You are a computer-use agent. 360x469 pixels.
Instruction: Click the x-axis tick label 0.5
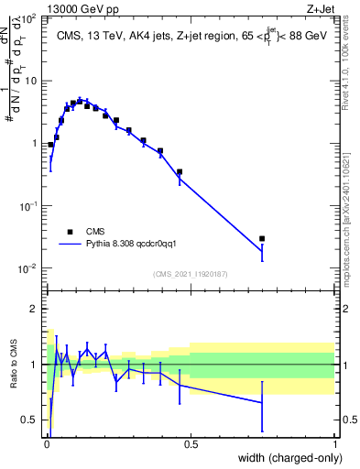[191, 445]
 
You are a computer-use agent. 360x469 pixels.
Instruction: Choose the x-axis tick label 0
[47, 445]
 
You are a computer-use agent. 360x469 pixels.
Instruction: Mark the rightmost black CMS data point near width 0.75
[262, 238]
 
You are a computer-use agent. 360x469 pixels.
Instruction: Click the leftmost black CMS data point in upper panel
[50, 145]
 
